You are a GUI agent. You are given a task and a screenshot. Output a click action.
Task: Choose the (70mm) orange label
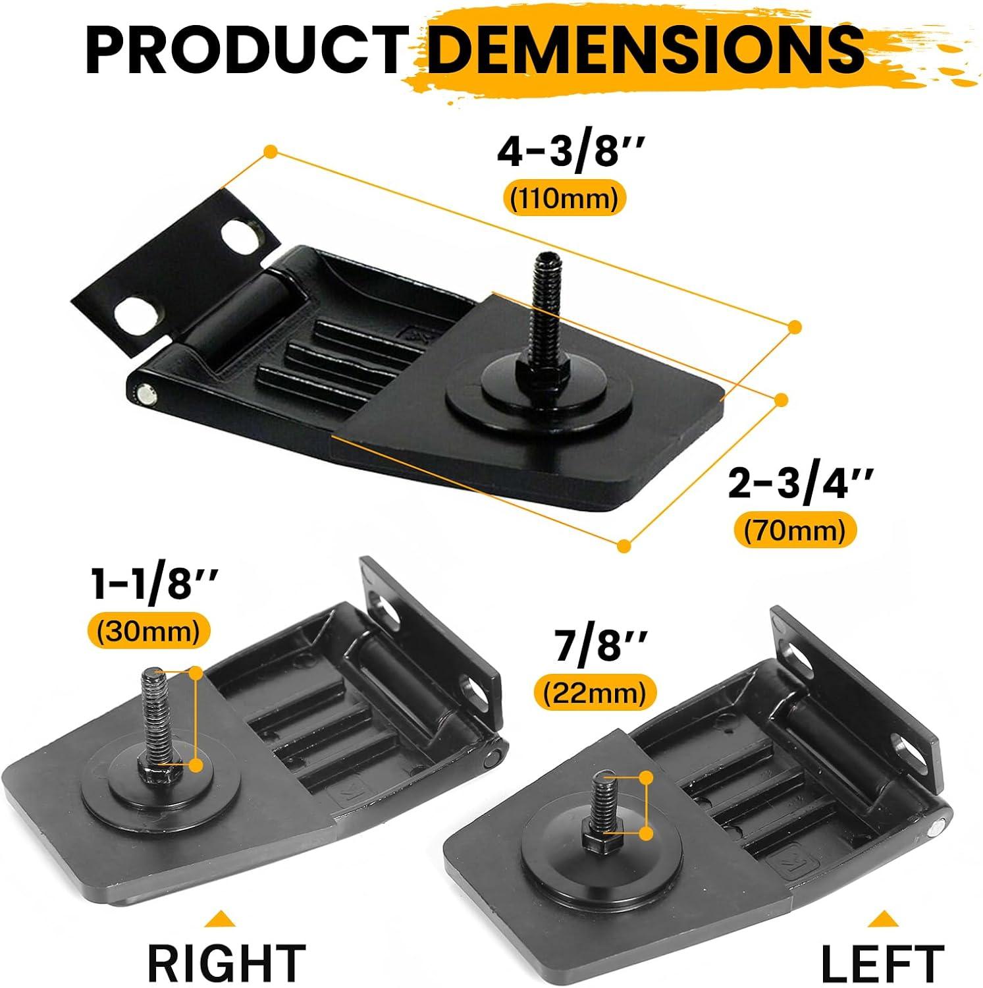(x=795, y=531)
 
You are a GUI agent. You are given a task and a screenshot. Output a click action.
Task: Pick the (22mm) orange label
(x=595, y=693)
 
